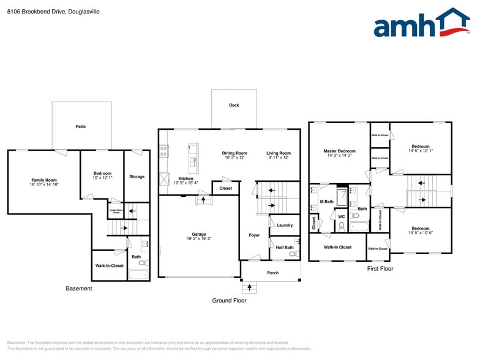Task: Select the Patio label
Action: click(x=81, y=127)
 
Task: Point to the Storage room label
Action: click(x=137, y=177)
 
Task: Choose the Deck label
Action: click(x=234, y=105)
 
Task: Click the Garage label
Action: click(x=199, y=234)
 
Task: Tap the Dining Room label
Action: click(x=234, y=153)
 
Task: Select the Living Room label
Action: click(x=279, y=153)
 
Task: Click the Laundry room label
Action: click(x=285, y=225)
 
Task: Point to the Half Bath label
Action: click(x=284, y=247)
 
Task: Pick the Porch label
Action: click(x=272, y=273)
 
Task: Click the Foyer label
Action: click(x=254, y=235)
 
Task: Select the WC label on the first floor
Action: click(x=342, y=216)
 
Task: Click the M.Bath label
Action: click(x=326, y=201)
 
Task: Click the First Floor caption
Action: click(x=380, y=269)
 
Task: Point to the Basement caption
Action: click(x=79, y=288)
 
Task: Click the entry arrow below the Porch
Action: click(x=249, y=287)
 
